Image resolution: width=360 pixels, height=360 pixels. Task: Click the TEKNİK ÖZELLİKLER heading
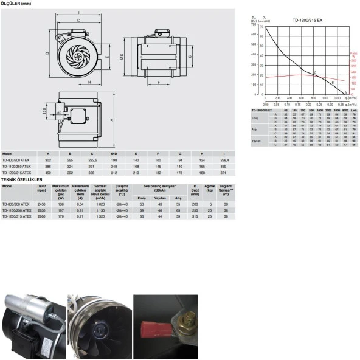[x=21, y=180]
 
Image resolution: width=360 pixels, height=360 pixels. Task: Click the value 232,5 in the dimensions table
[x=92, y=160]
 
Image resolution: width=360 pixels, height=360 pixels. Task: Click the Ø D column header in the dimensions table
[x=114, y=154]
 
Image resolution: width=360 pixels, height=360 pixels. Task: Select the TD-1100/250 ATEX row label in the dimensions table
[x=16, y=166]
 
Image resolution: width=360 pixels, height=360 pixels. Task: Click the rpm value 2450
[x=41, y=204]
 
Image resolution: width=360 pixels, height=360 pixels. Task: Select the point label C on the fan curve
[x=314, y=72]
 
